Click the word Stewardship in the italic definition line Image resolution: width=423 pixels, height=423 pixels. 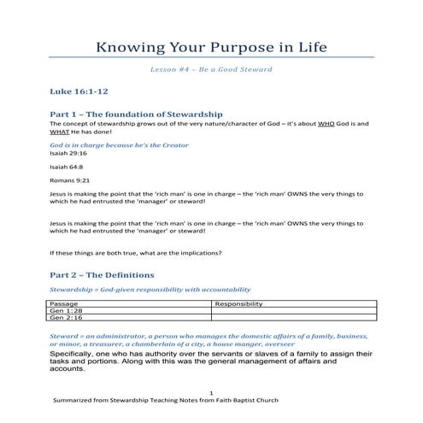click(x=73, y=291)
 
